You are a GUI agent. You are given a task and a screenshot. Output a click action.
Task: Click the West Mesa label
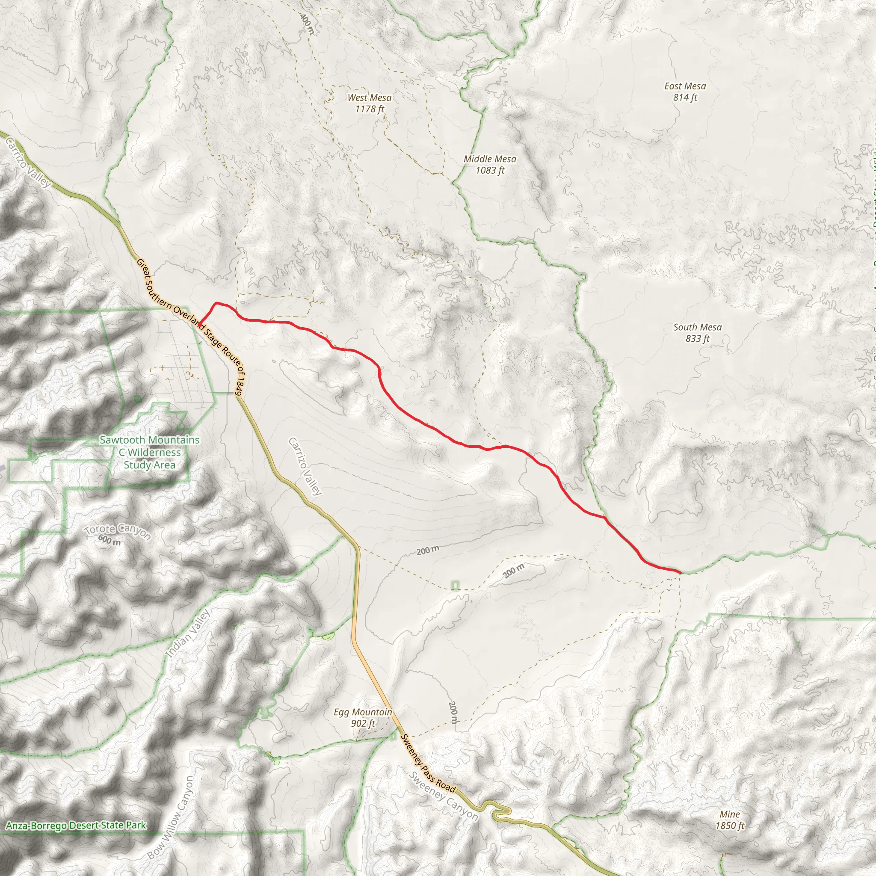click(370, 98)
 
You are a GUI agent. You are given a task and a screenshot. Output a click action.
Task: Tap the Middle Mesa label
click(490, 159)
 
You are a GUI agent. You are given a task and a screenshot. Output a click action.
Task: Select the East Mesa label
click(685, 86)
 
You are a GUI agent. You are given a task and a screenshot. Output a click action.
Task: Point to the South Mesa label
click(697, 327)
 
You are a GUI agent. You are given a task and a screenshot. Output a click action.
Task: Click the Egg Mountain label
click(363, 712)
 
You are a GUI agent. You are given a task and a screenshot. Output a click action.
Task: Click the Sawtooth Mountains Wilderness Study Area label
click(150, 453)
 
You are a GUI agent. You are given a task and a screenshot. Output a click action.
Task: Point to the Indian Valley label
click(188, 633)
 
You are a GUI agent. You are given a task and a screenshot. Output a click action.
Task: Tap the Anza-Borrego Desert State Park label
click(76, 825)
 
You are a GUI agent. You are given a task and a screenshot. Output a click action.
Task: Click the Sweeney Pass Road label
click(428, 764)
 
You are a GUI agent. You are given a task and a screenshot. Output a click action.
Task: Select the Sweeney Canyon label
click(443, 796)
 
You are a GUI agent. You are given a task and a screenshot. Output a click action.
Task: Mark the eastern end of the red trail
click(681, 573)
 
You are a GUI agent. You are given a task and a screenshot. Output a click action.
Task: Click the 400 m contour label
click(307, 23)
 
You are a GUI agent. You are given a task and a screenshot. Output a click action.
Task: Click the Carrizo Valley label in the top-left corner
click(28, 163)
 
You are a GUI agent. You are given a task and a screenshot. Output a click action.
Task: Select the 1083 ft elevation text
click(490, 171)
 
